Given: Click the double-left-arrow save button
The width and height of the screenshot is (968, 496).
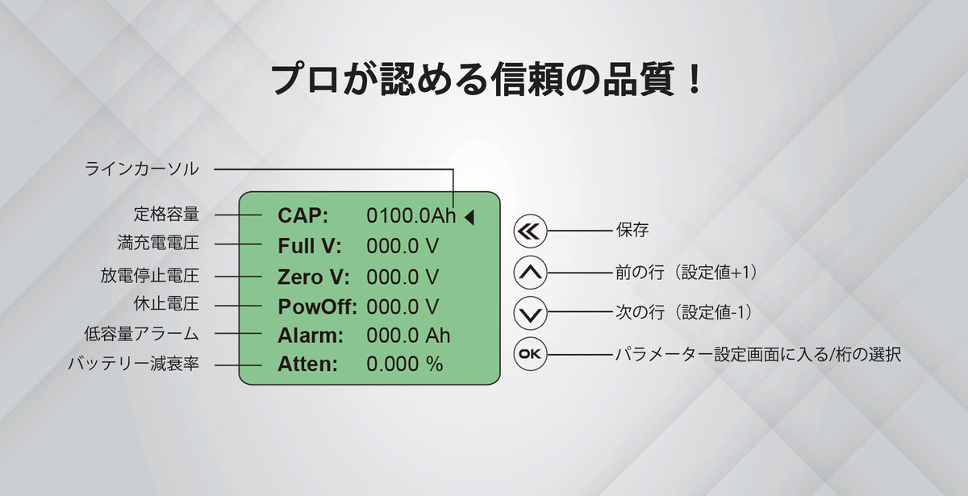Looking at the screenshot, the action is click(x=530, y=231).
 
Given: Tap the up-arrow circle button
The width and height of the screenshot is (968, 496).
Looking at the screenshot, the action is click(x=530, y=273).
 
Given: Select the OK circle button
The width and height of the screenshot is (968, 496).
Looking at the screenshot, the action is click(x=530, y=354).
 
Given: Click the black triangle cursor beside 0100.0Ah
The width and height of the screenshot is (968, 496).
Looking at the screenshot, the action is click(x=469, y=217).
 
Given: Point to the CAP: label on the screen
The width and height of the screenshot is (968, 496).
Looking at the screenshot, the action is click(x=303, y=215).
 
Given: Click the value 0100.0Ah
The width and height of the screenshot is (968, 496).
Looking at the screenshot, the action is click(x=411, y=215).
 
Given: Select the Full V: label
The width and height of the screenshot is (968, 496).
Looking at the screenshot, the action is click(x=310, y=246).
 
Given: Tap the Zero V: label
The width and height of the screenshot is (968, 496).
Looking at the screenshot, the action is click(x=313, y=277).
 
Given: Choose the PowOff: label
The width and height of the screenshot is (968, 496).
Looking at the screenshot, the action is click(x=317, y=307).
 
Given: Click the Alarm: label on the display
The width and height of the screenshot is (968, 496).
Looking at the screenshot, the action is click(x=311, y=336).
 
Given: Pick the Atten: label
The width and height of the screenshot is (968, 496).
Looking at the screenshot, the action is click(x=307, y=365).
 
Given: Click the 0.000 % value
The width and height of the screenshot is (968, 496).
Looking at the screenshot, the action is click(x=404, y=365).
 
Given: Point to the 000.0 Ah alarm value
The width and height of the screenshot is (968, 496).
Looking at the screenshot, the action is click(x=408, y=336).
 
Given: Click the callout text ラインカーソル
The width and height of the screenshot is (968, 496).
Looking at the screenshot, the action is click(x=141, y=169).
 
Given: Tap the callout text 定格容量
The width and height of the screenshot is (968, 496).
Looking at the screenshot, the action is click(x=166, y=215).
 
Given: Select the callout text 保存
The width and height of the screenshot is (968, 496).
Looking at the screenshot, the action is click(x=632, y=230).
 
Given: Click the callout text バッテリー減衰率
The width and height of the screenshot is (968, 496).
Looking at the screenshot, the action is click(x=134, y=364).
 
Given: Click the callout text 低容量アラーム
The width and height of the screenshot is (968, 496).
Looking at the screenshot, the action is click(x=141, y=334).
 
